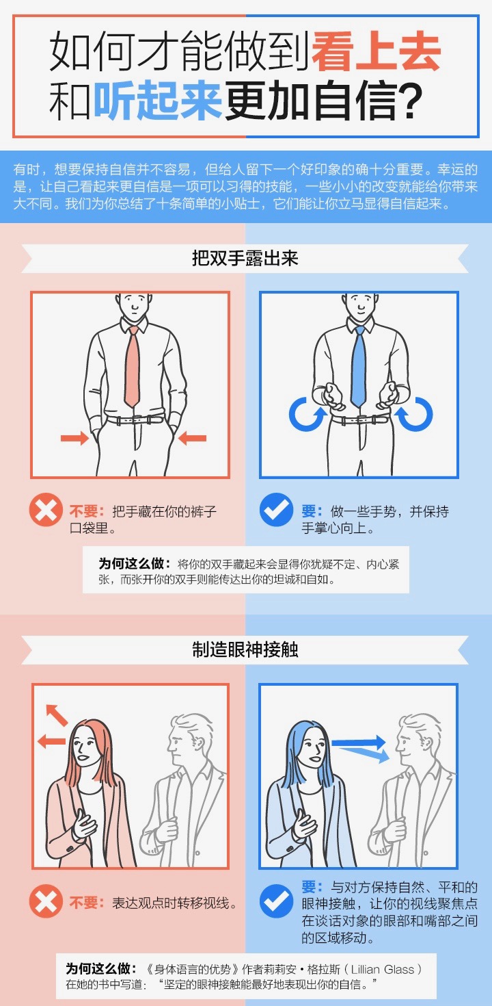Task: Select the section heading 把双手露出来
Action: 245,258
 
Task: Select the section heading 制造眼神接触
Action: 245,649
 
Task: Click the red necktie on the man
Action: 133,366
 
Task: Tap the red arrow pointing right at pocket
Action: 75,437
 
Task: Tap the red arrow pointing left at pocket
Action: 193,437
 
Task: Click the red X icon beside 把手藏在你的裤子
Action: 46,510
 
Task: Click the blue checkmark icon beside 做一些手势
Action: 276,510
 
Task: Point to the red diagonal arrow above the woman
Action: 57,715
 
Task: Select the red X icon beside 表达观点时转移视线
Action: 46,901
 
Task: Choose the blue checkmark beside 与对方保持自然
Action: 276,901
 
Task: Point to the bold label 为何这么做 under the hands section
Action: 135,563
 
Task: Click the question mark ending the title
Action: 411,101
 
